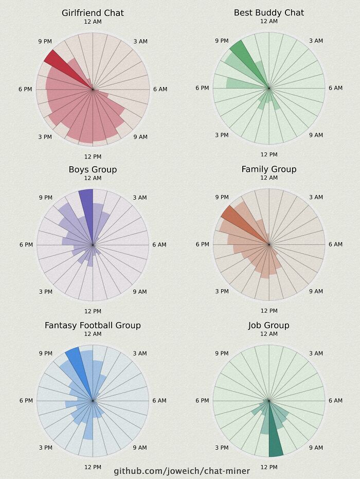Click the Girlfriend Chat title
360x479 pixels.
93,13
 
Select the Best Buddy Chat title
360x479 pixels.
268,12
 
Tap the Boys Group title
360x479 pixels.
93,169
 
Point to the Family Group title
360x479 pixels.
268,169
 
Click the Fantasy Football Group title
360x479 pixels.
93,325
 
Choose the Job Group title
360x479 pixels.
268,325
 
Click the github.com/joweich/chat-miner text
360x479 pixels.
182,471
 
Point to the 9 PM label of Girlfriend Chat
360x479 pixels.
45,41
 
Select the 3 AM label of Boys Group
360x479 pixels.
140,198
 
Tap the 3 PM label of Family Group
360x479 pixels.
222,292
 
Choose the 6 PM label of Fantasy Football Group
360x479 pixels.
26,401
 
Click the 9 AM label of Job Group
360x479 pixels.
316,448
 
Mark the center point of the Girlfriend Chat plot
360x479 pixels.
93,90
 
